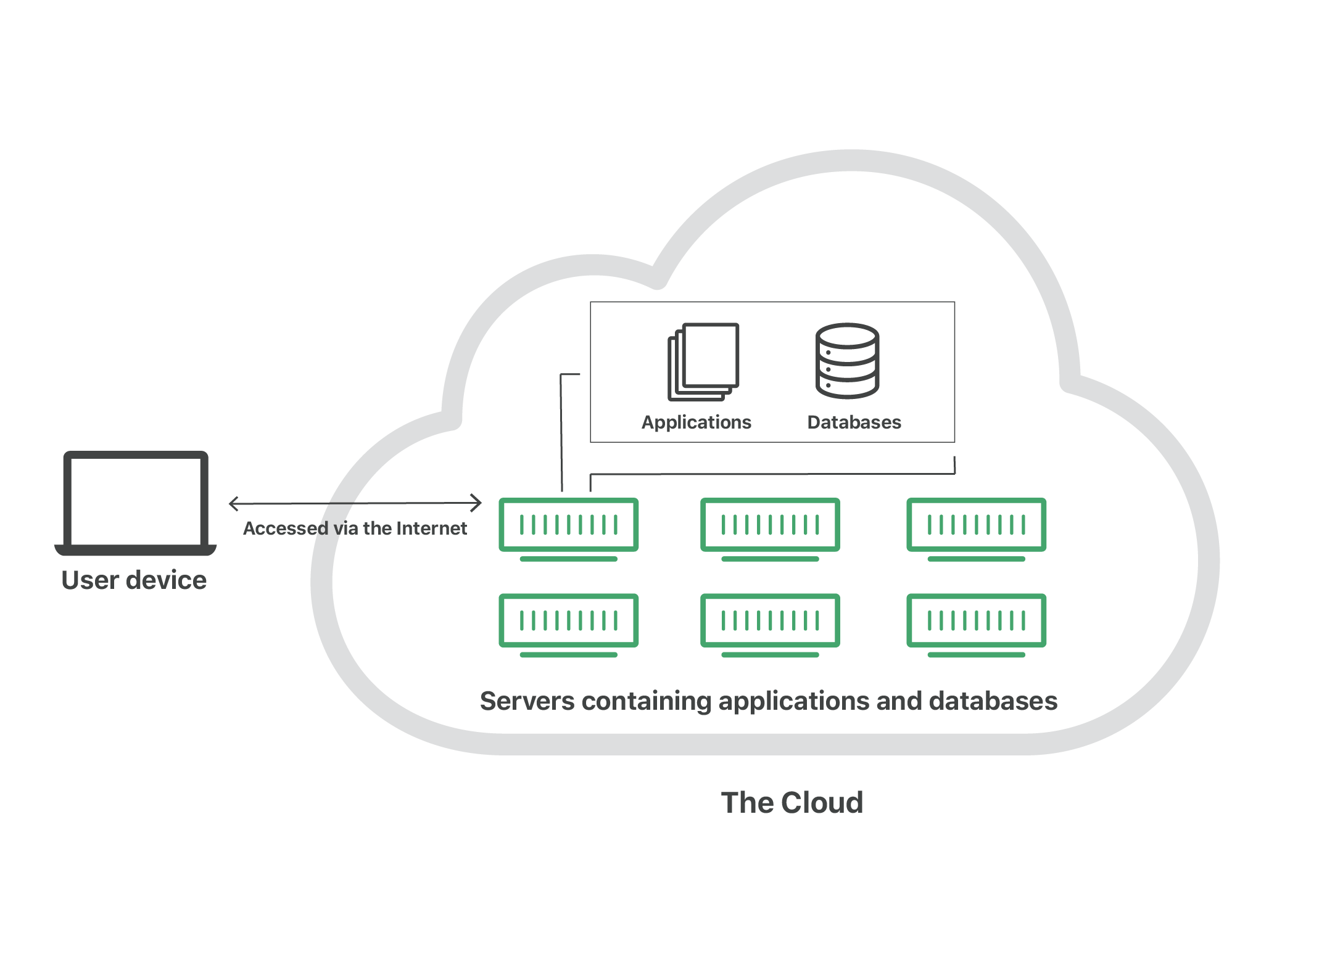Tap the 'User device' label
(134, 580)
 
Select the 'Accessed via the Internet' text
(355, 528)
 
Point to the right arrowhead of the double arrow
(477, 503)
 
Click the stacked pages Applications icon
(703, 361)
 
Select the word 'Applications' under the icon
(697, 422)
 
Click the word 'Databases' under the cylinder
(854, 422)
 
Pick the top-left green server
(568, 526)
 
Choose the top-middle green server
(770, 526)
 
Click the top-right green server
(976, 526)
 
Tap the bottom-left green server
(568, 622)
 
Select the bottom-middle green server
(770, 622)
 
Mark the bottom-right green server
(976, 622)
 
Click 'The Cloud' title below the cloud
(792, 803)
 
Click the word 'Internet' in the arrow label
(431, 528)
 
